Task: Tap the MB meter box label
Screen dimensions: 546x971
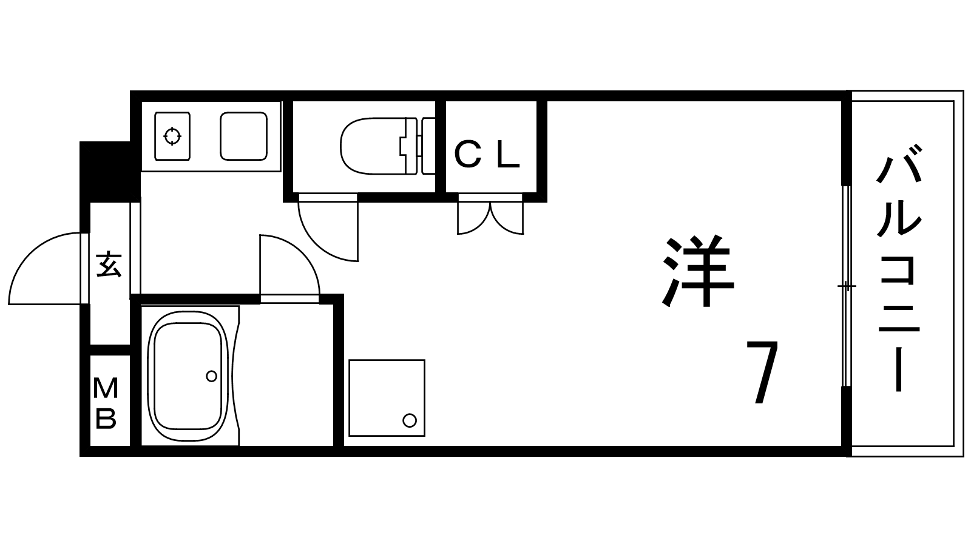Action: [x=106, y=402]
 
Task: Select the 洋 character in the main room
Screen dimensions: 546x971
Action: [x=698, y=271]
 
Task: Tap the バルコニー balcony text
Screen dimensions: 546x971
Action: [x=899, y=273]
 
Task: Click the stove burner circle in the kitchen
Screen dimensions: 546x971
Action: [x=172, y=136]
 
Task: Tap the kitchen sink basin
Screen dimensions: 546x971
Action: [x=243, y=136]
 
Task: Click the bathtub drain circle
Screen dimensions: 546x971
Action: [x=211, y=376]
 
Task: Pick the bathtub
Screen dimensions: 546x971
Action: [x=188, y=376]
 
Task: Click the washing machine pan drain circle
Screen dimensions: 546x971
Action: [x=410, y=420]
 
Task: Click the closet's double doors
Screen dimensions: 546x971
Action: [x=490, y=217]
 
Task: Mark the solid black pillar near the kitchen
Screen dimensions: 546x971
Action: [x=107, y=170]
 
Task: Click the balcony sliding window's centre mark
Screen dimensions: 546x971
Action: [x=847, y=285]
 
